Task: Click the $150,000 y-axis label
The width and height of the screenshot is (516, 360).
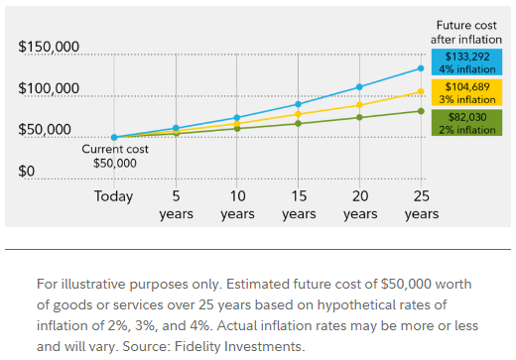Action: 49,48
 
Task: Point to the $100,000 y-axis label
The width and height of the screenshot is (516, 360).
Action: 49,89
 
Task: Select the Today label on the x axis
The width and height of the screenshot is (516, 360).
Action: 113,196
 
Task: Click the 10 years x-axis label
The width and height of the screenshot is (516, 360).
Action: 237,204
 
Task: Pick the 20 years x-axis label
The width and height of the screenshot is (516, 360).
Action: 359,204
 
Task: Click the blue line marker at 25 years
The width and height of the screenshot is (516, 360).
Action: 421,68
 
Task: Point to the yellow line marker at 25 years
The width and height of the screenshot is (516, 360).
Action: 421,92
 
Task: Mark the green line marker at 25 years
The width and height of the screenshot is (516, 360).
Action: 421,111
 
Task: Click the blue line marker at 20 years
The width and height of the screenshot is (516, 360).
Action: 359,87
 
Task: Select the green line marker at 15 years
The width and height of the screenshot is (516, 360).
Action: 298,123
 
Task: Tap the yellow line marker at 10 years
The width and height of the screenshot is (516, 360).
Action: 237,123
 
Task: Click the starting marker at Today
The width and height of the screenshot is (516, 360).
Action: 114,138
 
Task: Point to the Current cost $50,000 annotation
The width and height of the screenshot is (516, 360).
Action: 114,156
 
